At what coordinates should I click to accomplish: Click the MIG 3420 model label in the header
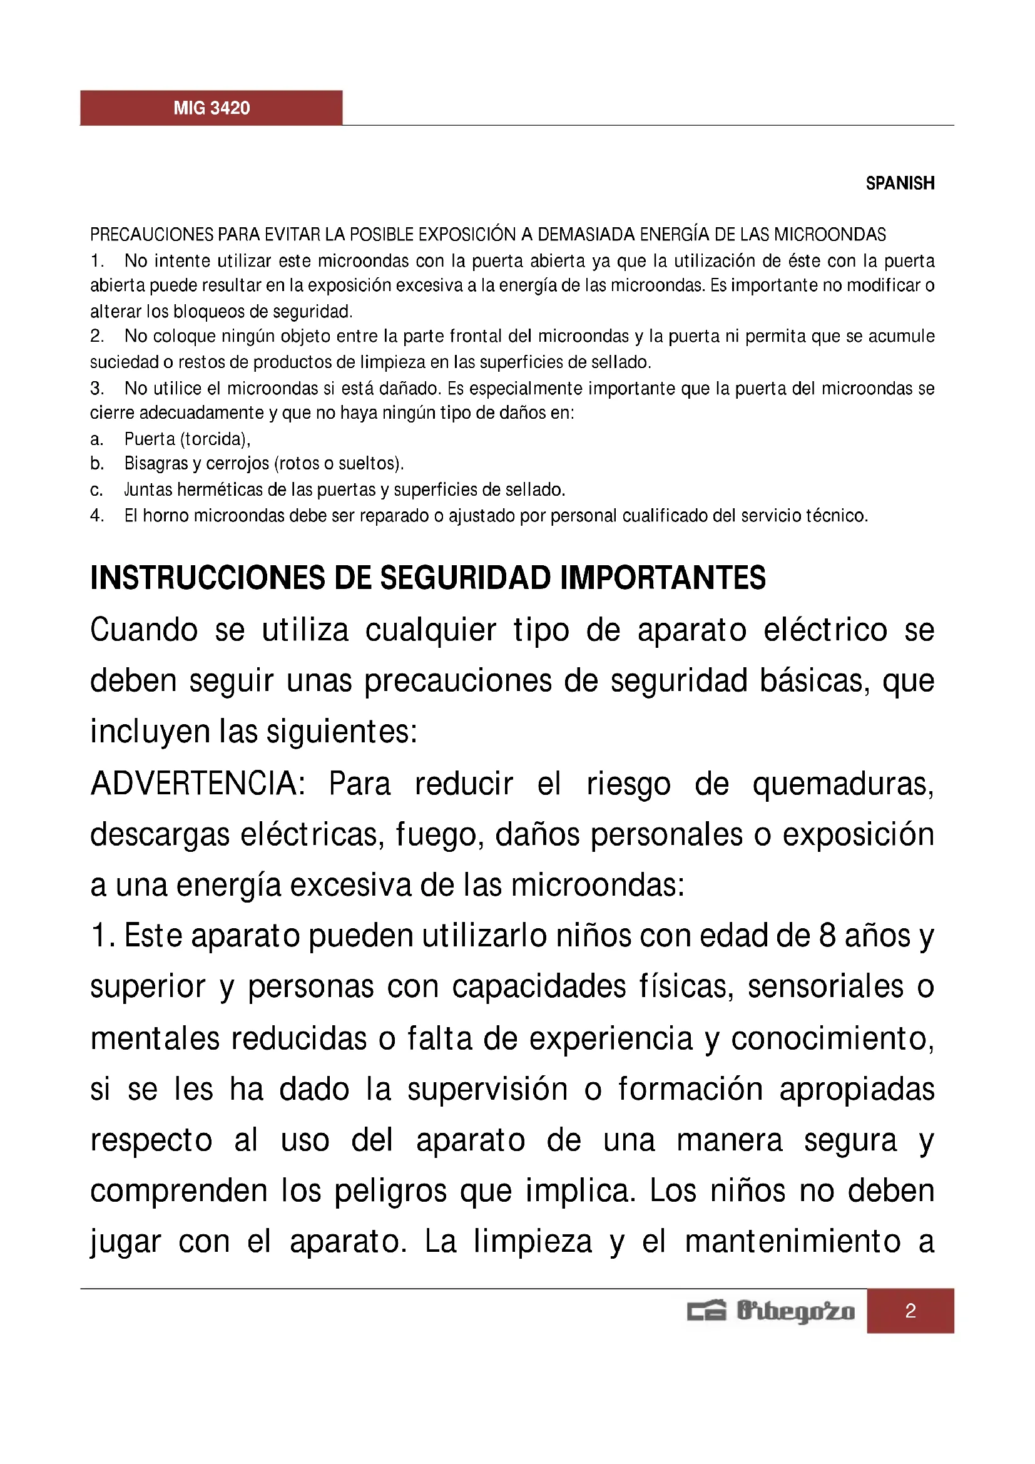tap(212, 108)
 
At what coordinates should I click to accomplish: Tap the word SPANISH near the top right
tap(899, 183)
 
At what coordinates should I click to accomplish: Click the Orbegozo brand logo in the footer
tap(770, 1312)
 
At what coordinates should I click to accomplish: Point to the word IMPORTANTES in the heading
tap(663, 578)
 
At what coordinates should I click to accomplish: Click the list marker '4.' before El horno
tap(97, 516)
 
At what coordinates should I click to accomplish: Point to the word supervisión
tap(487, 1090)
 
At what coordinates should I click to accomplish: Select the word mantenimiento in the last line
tap(793, 1242)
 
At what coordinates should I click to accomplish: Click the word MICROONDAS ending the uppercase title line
tap(830, 235)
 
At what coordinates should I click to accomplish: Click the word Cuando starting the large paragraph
tap(144, 631)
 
